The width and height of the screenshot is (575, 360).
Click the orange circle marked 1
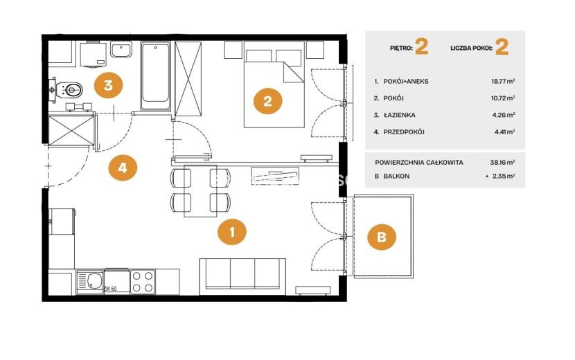tap(232, 232)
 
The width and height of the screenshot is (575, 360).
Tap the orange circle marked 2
tap(267, 101)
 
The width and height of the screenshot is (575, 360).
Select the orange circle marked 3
tap(108, 85)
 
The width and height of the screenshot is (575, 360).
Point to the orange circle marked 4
tap(123, 168)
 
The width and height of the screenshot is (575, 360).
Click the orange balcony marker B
tap(382, 237)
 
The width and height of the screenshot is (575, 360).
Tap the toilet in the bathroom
tap(70, 89)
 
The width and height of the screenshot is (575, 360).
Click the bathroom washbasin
tap(121, 49)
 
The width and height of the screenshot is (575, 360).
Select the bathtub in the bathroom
tap(155, 76)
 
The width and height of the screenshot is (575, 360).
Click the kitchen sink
tap(90, 282)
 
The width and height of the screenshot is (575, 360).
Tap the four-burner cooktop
tap(143, 282)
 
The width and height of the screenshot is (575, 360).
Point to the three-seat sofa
tap(242, 276)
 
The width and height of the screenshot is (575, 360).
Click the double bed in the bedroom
tap(274, 84)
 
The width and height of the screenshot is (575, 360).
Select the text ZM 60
tap(110, 289)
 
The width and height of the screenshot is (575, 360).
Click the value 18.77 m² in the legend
tap(503, 81)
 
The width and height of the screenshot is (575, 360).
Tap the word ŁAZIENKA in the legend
tap(399, 115)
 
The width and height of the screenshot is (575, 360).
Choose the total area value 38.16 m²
tap(502, 162)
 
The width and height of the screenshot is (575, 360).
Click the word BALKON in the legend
tap(396, 176)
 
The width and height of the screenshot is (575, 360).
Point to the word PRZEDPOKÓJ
tap(404, 132)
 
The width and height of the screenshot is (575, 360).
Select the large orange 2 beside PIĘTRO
tap(422, 47)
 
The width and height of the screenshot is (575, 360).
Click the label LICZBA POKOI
tap(471, 48)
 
